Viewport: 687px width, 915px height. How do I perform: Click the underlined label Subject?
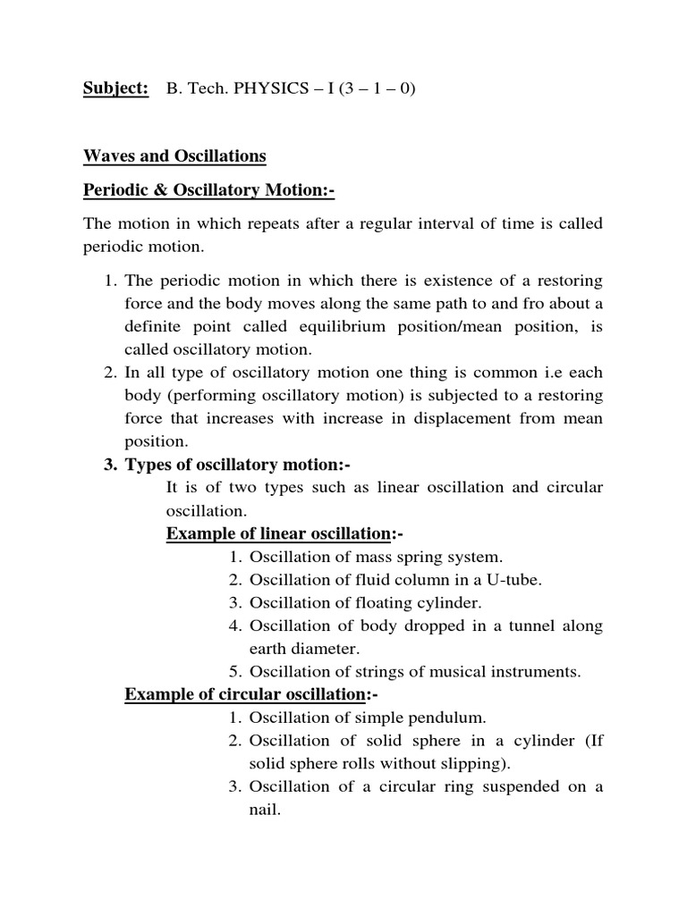click(115, 90)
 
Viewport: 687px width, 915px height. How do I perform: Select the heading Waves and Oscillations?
click(174, 156)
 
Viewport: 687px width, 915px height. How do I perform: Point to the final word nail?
click(264, 810)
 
